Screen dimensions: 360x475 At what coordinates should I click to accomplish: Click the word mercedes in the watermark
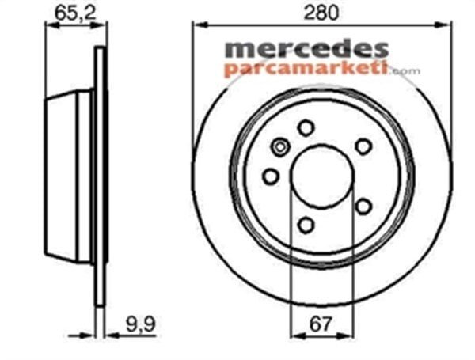(x=306, y=50)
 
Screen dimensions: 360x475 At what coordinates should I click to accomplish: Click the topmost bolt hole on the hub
(x=306, y=127)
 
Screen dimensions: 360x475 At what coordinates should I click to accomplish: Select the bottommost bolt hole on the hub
(x=306, y=225)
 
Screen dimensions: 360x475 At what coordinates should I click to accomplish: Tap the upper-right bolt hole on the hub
(x=363, y=146)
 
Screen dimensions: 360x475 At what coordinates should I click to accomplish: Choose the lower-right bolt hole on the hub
(x=363, y=207)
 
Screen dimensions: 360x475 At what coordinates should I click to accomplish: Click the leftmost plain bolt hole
(x=271, y=176)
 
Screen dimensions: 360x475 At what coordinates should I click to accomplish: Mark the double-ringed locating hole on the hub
(x=279, y=146)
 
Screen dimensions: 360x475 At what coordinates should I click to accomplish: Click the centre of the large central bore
(x=321, y=176)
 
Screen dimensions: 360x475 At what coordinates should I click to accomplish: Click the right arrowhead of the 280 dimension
(x=447, y=26)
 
